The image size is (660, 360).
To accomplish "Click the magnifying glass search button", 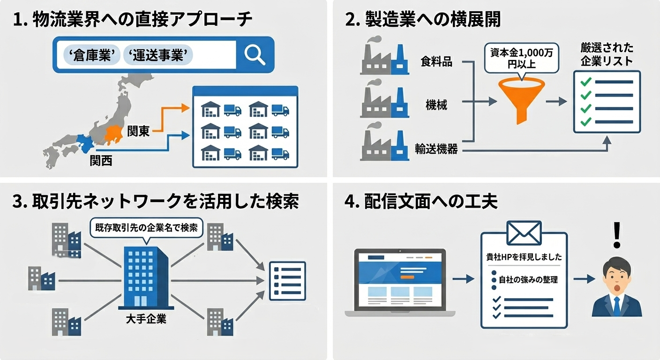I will click(x=255, y=55).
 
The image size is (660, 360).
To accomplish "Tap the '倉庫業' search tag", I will click(x=91, y=55).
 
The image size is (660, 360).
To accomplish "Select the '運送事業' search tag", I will click(x=158, y=55).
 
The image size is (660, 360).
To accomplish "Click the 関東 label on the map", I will click(x=138, y=131).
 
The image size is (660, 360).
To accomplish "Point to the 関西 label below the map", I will click(x=101, y=161).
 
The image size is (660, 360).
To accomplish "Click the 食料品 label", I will click(x=436, y=62).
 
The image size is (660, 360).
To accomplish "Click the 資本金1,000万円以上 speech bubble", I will click(x=521, y=59).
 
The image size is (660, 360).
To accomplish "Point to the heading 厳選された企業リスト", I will click(x=607, y=54).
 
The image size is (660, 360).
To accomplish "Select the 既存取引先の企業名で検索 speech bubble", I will click(x=146, y=229).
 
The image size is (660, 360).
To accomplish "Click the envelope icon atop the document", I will click(x=524, y=232).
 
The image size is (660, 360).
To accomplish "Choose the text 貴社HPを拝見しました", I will click(x=524, y=257).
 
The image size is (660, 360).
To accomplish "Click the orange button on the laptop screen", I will click(x=407, y=277).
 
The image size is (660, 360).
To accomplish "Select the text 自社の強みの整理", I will click(x=528, y=280).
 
